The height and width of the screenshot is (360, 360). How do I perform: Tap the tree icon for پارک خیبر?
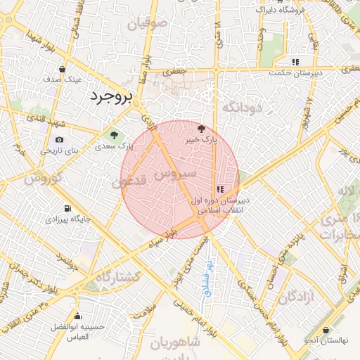click(202, 129)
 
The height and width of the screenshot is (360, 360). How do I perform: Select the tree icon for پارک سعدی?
click(112, 134)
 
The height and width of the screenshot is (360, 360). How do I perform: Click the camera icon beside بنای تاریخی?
click(59, 139)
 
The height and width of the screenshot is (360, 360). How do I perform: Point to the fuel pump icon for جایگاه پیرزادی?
click(67, 208)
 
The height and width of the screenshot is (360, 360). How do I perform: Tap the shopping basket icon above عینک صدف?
click(63, 69)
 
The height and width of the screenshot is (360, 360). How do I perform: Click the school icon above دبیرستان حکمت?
click(295, 62)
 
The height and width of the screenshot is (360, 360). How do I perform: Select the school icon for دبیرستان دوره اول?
click(220, 189)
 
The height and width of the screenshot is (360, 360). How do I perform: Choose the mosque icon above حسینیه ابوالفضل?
click(77, 316)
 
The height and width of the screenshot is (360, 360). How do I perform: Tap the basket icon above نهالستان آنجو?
click(326, 330)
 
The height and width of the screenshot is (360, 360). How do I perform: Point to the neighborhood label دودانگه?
click(242, 107)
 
